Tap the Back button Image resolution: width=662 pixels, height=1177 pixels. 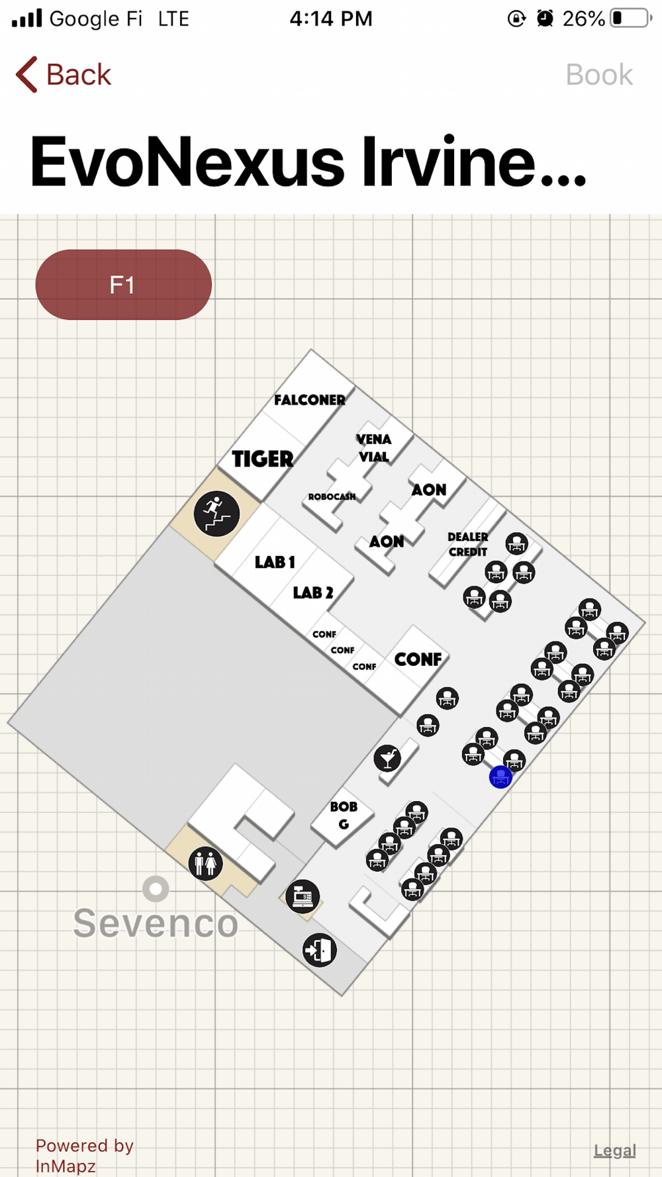[64, 74]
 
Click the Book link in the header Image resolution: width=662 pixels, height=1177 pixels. [599, 75]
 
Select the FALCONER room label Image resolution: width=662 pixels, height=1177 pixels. [310, 400]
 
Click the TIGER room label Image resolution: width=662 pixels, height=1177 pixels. [263, 459]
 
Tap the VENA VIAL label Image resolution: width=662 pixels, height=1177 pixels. [374, 448]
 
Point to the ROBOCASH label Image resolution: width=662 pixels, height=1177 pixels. [332, 496]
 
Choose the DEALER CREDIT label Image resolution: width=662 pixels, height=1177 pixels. [468, 544]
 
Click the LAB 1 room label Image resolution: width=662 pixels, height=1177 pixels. [275, 562]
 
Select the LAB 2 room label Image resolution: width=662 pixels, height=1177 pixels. [313, 592]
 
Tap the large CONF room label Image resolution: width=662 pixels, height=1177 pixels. [418, 659]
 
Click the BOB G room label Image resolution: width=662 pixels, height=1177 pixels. [344, 815]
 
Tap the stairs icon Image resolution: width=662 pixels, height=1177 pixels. [216, 514]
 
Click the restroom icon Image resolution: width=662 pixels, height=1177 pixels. [205, 863]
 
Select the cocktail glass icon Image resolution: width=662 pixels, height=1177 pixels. [387, 758]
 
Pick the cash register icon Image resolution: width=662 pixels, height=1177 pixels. [303, 896]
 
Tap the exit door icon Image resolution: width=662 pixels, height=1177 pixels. [320, 950]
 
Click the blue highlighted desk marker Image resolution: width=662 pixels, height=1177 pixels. [500, 777]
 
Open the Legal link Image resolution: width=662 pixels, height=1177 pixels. [614, 1151]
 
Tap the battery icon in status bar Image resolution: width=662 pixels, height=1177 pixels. [630, 18]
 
